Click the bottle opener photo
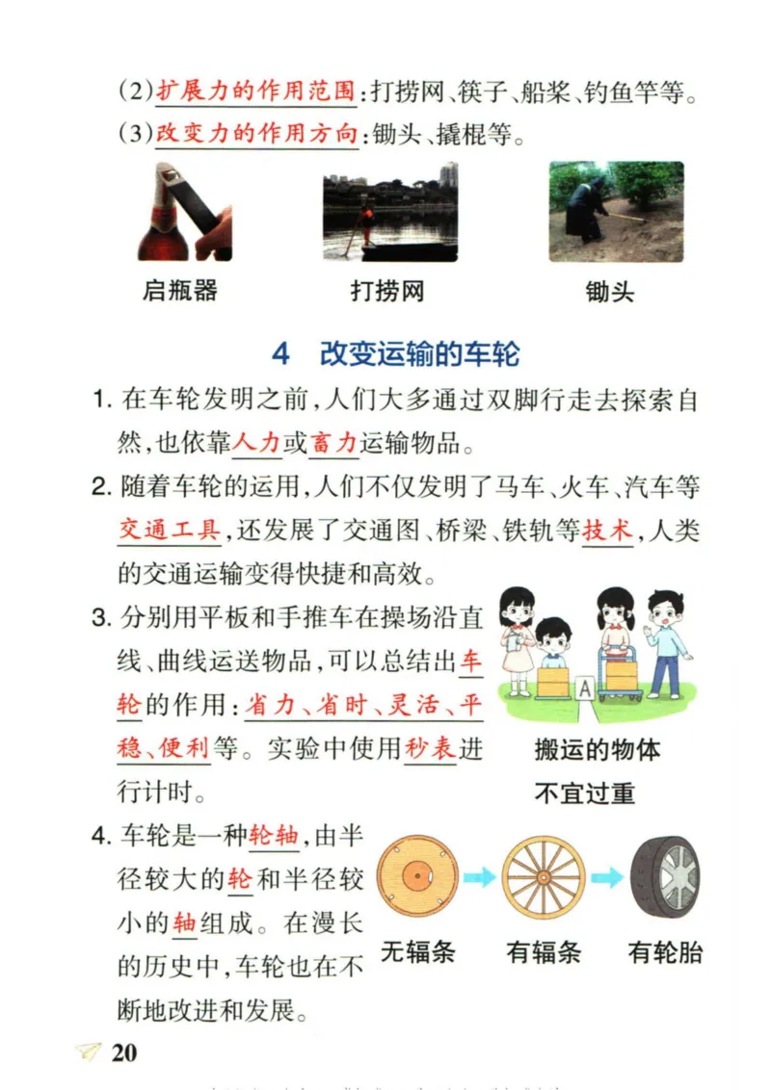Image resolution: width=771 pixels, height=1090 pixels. (184, 212)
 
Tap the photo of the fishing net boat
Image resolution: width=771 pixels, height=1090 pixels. (389, 212)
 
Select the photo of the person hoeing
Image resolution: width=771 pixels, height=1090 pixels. (616, 212)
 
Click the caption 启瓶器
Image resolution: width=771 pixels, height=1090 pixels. (179, 290)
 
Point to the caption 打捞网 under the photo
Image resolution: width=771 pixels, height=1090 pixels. (387, 290)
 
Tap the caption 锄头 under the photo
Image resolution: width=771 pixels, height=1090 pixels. (610, 291)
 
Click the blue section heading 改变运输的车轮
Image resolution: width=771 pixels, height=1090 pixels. (419, 354)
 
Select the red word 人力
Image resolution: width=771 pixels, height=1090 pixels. (257, 443)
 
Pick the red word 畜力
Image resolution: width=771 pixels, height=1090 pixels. (334, 443)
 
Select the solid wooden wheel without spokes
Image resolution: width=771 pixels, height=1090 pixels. (417, 876)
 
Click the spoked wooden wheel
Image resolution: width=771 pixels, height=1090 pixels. (544, 876)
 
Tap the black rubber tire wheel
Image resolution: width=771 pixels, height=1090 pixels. (665, 876)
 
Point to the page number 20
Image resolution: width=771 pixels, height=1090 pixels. (123, 1052)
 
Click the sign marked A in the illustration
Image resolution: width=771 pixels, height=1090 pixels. (584, 688)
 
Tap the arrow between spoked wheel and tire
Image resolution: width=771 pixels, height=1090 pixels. (606, 877)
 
